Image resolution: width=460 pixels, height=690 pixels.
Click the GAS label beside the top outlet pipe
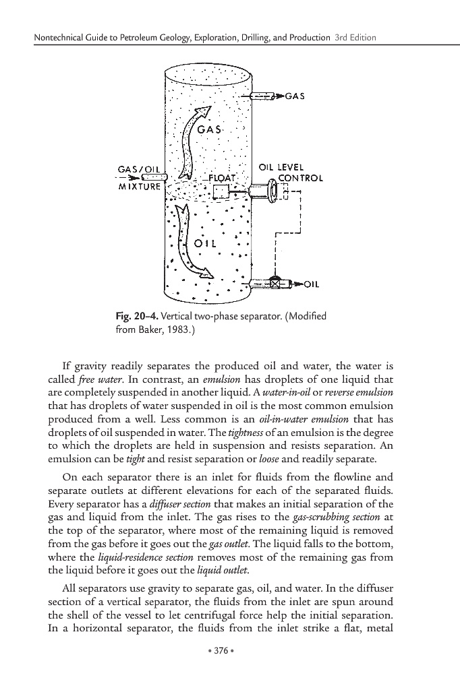pos(295,96)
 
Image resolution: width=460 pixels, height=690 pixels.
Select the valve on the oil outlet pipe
pos(275,284)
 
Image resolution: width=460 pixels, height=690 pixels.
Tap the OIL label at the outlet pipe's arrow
pos(311,284)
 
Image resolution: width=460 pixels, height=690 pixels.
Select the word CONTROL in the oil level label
pos(301,179)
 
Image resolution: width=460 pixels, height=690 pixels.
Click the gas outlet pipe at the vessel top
pos(262,96)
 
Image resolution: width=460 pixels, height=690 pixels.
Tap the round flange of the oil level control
pos(273,191)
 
